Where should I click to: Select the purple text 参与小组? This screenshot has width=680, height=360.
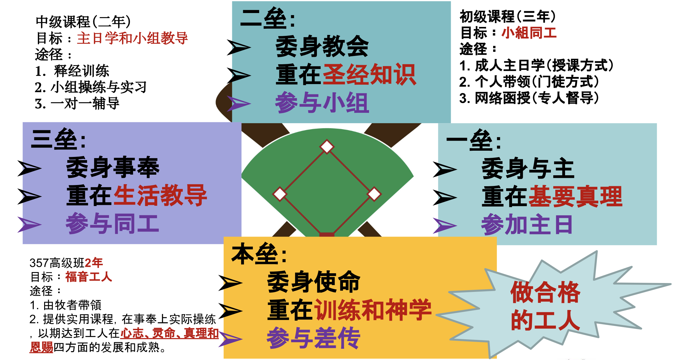click(322, 103)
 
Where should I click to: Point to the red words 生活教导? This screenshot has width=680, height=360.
click(160, 195)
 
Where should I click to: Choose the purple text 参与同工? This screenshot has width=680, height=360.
click(112, 224)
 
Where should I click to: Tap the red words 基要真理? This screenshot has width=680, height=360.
click(575, 196)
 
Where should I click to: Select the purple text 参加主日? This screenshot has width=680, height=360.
click(527, 225)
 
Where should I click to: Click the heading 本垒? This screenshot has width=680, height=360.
click(259, 254)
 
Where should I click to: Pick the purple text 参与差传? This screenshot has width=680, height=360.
click(313, 338)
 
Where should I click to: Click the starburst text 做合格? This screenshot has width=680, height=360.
click(545, 292)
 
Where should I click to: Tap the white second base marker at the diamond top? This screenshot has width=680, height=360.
click(327, 147)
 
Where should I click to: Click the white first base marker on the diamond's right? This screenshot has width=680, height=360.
click(374, 194)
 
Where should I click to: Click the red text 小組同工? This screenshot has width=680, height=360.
click(529, 33)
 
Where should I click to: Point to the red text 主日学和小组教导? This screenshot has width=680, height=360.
click(132, 38)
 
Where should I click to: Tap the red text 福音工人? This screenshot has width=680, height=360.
click(89, 277)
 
